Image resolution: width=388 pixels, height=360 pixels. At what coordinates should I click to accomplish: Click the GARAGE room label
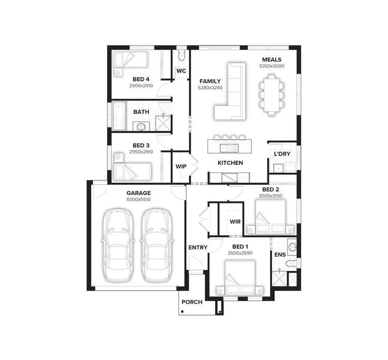(138, 193)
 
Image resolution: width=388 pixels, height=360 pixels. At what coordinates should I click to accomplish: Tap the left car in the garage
(118, 245)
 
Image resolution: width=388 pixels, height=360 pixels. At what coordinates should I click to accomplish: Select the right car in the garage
(157, 245)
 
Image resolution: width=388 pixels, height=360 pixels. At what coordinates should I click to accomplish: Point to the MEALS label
(272, 60)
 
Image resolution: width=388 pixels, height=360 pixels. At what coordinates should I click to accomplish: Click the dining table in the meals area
(272, 92)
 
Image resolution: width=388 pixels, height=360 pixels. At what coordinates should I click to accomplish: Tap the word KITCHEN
(230, 163)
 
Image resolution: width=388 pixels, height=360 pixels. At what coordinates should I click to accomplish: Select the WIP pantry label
(181, 166)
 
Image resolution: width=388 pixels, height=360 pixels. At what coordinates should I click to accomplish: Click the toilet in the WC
(181, 55)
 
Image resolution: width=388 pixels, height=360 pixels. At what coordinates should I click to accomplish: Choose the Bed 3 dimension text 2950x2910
(141, 152)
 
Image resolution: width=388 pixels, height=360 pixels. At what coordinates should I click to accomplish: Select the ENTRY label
(198, 248)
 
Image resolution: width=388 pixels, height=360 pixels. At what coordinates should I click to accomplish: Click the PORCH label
(191, 302)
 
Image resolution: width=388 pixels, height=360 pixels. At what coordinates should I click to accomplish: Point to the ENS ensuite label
(279, 255)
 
